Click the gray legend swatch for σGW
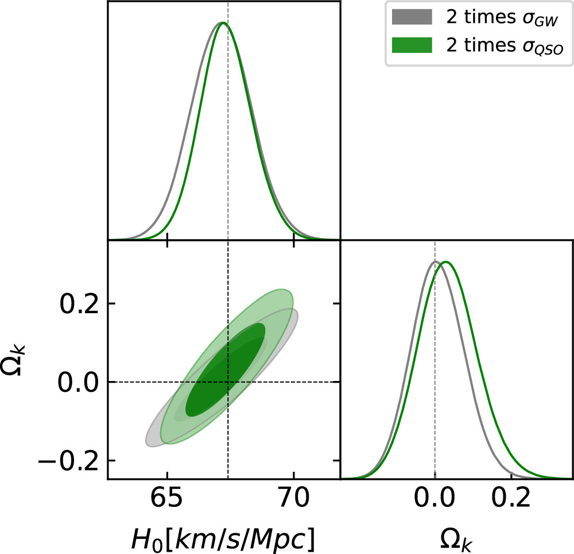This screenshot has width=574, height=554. (411, 18)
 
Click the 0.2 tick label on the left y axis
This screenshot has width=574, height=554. (78, 303)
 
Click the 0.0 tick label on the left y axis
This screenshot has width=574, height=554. (78, 382)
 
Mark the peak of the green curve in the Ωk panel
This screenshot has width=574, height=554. (445, 262)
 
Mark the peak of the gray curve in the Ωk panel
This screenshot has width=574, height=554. (435, 262)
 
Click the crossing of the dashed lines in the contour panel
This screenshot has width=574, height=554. (228, 382)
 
